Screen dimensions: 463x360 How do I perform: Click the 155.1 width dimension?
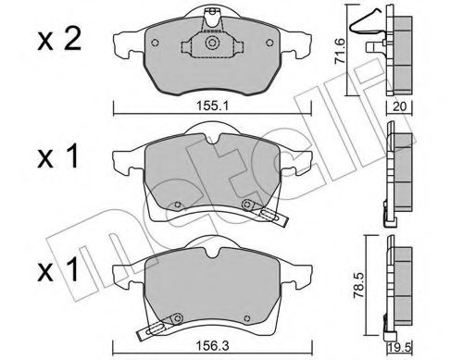click(212, 106)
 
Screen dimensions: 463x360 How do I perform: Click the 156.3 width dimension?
click(213, 346)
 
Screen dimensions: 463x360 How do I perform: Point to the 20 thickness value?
click(400, 106)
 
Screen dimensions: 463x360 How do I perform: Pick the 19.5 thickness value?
click(400, 349)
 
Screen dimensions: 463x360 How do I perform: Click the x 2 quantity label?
click(59, 40)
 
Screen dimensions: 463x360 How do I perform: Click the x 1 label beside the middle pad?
click(57, 156)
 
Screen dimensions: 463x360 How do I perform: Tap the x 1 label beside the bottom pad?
click(57, 270)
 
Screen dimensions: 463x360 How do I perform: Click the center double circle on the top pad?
click(212, 43)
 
